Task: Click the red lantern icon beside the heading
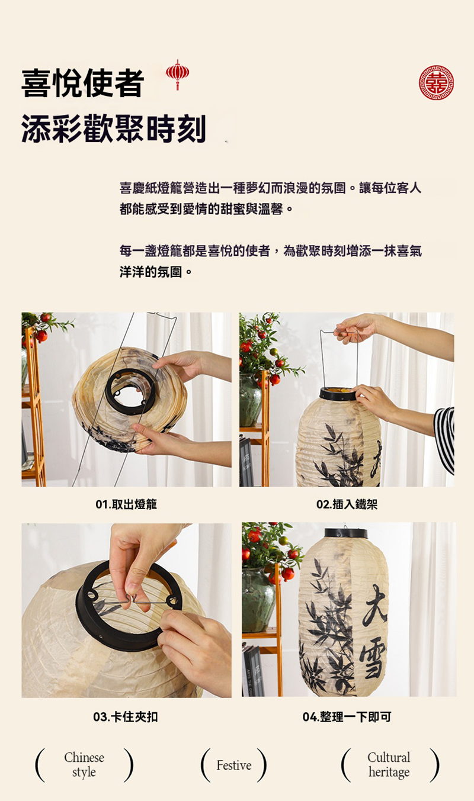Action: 177,74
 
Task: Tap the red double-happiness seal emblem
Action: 437,83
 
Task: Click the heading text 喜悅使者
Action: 83,83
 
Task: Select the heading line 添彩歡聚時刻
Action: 114,128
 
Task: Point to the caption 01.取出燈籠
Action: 126,504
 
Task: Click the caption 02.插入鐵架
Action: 347,504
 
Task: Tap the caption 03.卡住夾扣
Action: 125,716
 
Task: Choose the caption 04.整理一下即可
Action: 347,716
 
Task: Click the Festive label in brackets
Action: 234,765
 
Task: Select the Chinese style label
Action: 84,764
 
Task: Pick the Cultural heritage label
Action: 389,764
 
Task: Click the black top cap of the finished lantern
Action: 346,533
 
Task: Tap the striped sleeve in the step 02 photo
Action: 444,439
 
